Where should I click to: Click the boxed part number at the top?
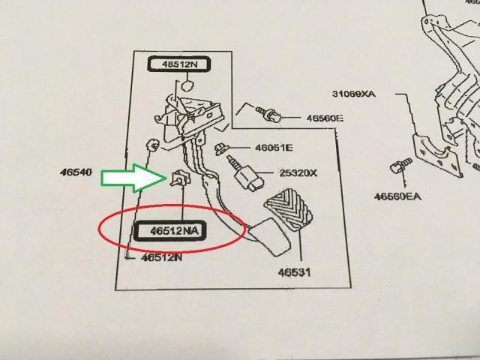coord(178,64)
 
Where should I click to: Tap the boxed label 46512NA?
coord(168,232)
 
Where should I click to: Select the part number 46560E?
coord(323,119)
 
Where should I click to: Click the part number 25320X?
coord(298,173)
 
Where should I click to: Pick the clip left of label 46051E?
coord(223,147)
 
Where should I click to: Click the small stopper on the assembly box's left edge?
coord(150,143)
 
